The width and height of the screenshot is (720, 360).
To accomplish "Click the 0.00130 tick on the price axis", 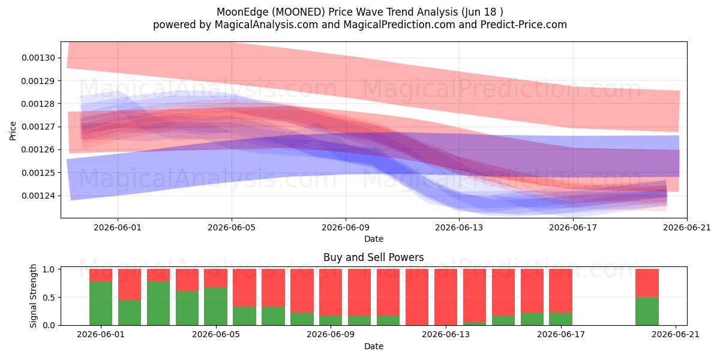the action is [38, 58].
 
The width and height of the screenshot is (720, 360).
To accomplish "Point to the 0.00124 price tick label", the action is [38, 196].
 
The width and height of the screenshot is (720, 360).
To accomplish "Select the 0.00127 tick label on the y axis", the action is [38, 127].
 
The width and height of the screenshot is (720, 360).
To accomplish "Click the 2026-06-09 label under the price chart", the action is [346, 227].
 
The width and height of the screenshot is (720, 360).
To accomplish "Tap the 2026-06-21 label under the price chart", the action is [687, 227].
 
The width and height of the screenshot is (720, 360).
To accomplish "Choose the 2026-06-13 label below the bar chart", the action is [445, 335].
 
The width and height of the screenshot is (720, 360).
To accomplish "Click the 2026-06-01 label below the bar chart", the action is [101, 335].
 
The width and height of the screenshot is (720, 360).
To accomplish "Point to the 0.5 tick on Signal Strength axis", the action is [49, 298].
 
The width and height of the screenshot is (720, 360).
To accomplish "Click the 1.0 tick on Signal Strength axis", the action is [49, 269].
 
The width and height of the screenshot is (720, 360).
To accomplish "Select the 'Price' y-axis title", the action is [13, 131].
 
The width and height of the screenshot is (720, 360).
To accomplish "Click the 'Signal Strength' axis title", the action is [33, 296].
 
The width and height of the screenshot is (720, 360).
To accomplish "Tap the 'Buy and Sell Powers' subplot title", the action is [373, 257].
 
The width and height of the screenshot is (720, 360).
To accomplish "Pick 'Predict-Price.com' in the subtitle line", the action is [524, 25].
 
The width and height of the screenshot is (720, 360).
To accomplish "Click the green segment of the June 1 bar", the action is [101, 304].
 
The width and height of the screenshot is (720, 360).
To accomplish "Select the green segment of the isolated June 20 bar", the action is [647, 311].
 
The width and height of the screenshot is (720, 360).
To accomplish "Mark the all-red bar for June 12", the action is [417, 297].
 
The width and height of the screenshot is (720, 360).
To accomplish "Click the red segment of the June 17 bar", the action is [560, 291].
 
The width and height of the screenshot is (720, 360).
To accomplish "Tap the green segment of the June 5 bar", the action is [215, 307].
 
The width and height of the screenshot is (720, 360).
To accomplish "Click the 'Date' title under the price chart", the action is [373, 239].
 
